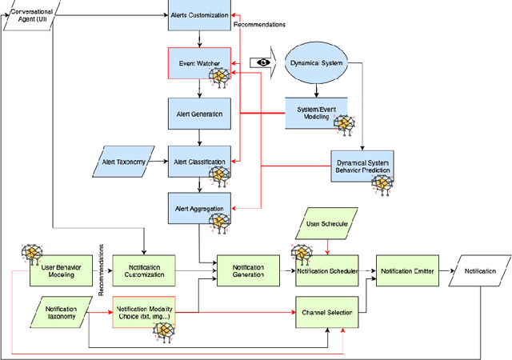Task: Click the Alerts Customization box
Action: pyautogui.click(x=199, y=16)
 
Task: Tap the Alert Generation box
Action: pyautogui.click(x=199, y=114)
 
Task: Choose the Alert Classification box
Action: pyautogui.click(x=199, y=162)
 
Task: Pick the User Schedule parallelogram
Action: pyautogui.click(x=327, y=224)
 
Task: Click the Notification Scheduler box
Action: pyautogui.click(x=327, y=270)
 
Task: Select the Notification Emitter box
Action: pyautogui.click(x=407, y=270)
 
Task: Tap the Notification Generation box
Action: pyautogui.click(x=249, y=270)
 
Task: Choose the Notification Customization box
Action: pyautogui.click(x=143, y=270)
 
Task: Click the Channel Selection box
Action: pyautogui.click(x=327, y=313)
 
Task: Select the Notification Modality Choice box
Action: pyautogui.click(x=143, y=313)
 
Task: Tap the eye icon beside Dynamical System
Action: pyautogui.click(x=260, y=62)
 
